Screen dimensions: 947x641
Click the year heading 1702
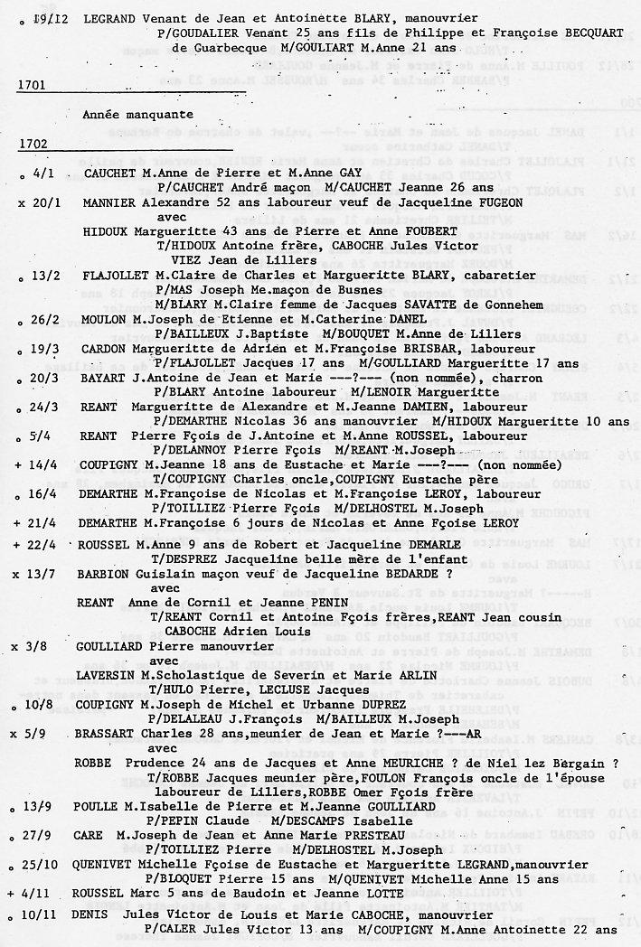click(33, 144)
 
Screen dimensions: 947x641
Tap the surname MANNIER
click(109, 203)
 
